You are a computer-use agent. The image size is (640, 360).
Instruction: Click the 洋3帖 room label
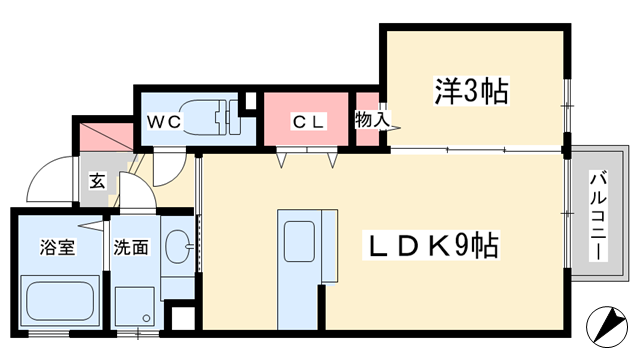click(471, 92)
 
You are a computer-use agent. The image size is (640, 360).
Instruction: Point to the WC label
click(163, 122)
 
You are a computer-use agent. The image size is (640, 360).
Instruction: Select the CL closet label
click(304, 122)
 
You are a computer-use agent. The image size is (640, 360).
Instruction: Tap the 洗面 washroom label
click(130, 246)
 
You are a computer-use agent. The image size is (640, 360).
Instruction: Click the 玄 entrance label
click(97, 182)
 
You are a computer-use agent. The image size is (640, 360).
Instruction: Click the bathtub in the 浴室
click(60, 301)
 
